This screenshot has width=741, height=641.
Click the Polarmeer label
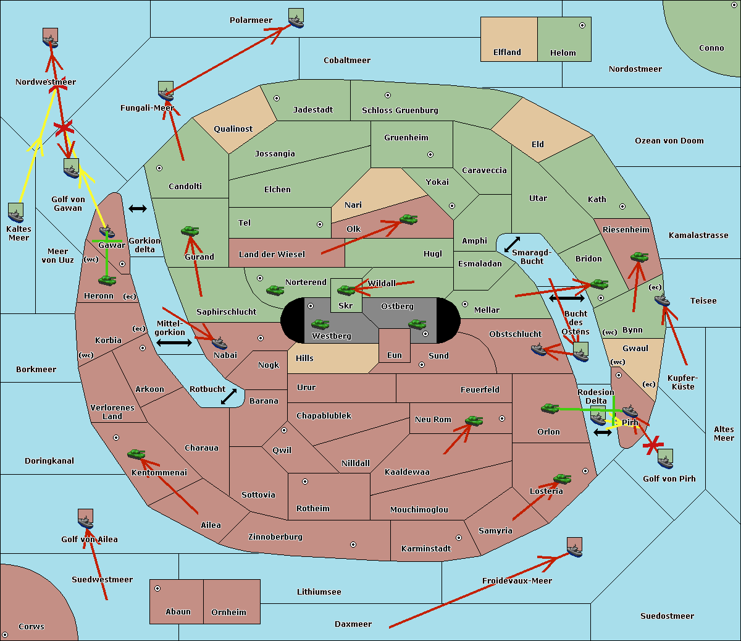251,20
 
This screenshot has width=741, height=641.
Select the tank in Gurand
190,231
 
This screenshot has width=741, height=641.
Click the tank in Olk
409,219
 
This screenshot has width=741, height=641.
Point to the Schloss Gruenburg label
400,110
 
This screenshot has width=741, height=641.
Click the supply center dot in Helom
582,25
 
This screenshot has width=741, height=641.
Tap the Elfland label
507,53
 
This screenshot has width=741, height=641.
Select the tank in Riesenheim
640,257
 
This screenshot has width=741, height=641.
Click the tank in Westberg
320,324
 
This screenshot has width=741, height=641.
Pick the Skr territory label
346,305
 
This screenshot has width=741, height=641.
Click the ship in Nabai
219,343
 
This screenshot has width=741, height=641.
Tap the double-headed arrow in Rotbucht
229,396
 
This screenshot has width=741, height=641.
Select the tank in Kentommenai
136,454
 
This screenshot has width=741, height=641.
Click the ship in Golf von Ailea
85,519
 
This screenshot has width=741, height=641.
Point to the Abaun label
178,611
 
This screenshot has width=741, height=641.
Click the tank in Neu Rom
474,420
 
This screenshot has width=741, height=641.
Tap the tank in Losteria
562,478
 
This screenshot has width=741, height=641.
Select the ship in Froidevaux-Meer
574,547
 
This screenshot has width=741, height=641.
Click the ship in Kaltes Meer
16,213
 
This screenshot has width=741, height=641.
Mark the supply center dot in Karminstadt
459,538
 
